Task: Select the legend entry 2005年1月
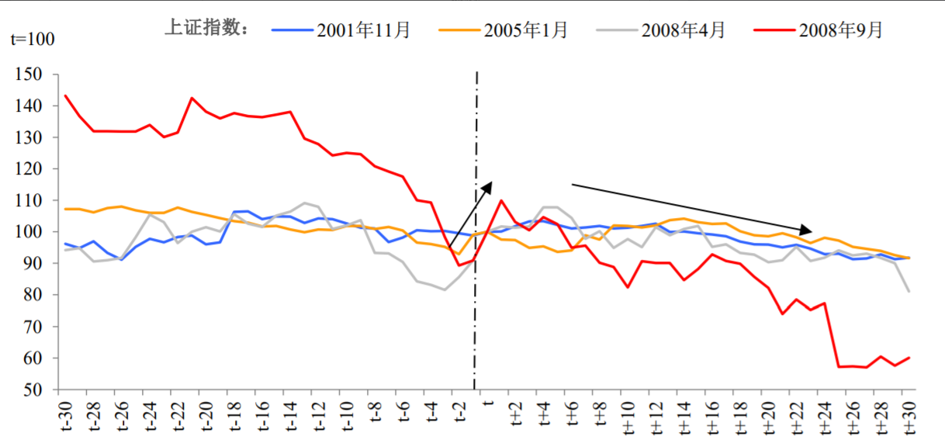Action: pyautogui.click(x=526, y=30)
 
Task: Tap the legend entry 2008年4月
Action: pyautogui.click(x=684, y=30)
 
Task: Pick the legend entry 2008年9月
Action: pyautogui.click(x=841, y=30)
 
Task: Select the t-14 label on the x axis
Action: pyautogui.click(x=289, y=416)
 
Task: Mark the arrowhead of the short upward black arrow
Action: pyautogui.click(x=490, y=184)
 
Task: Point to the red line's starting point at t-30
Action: pyautogui.click(x=65, y=95)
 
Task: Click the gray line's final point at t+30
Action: pyautogui.click(x=909, y=292)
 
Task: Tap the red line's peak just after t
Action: pyautogui.click(x=501, y=200)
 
